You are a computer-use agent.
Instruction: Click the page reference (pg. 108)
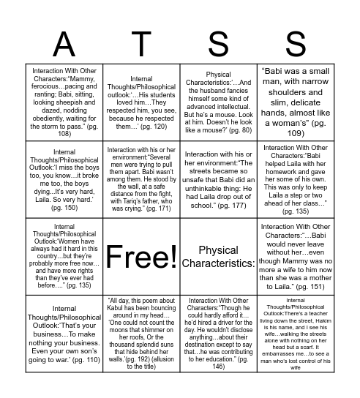[64, 134]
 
